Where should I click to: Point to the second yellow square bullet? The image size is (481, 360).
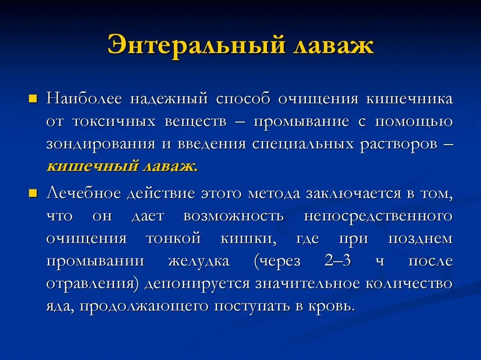(x=33, y=193)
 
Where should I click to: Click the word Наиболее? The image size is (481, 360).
(x=84, y=99)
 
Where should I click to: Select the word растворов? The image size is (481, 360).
(x=396, y=144)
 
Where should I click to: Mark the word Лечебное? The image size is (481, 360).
(x=84, y=193)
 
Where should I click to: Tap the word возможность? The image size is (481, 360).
(x=233, y=216)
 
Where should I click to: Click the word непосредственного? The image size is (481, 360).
(x=378, y=216)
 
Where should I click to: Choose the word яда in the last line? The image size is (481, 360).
(x=59, y=306)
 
